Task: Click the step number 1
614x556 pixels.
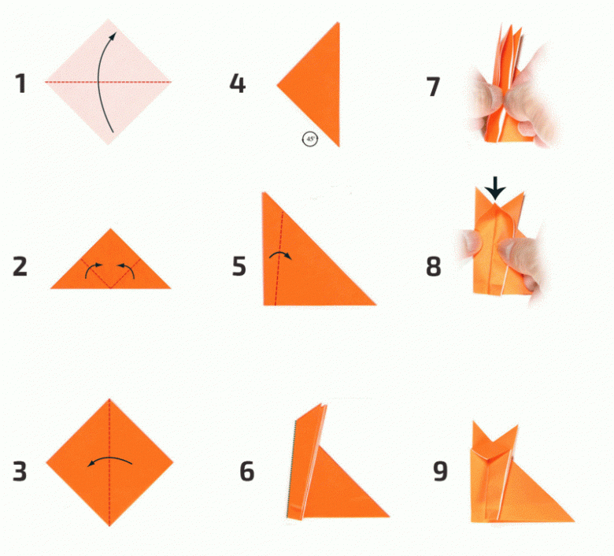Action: tap(20, 83)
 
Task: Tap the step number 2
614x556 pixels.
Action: tap(20, 266)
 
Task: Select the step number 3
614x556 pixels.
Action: tap(20, 472)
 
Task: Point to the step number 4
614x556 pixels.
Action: tap(237, 83)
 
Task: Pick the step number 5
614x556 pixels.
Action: tap(239, 266)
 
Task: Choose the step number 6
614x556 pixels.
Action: tap(246, 472)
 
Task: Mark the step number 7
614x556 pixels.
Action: tap(433, 87)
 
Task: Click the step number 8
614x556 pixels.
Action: tap(433, 266)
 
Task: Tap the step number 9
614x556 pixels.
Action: tap(440, 472)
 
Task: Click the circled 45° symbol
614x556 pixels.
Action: tap(309, 139)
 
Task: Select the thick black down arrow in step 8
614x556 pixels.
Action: tap(495, 188)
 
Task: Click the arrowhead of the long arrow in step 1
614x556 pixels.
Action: tap(113, 36)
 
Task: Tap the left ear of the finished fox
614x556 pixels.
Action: tap(478, 432)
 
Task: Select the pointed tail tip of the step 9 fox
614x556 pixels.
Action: tap(574, 521)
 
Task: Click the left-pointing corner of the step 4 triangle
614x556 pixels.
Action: tap(277, 84)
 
